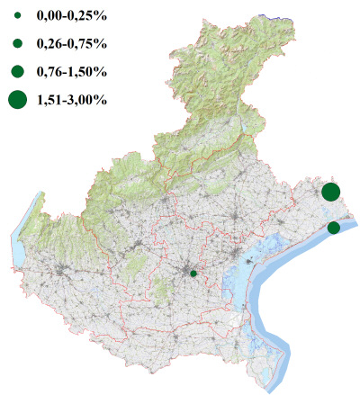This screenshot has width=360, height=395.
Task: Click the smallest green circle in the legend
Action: [17, 15]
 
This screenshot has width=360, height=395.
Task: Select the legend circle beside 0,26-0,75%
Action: [17, 43]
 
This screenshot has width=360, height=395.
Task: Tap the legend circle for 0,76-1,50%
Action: [17, 71]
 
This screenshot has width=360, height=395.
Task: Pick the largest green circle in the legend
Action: [17, 100]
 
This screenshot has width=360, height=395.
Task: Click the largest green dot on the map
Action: [330, 192]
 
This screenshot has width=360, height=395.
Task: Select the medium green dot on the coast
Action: [334, 228]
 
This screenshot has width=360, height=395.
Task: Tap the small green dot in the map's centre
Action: [193, 273]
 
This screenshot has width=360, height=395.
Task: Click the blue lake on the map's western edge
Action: [18, 243]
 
